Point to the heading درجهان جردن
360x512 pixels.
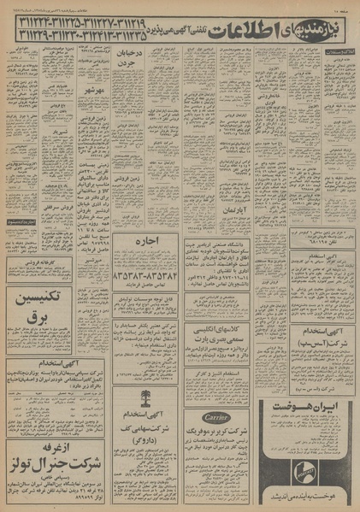pyautogui.click(x=132, y=62)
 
